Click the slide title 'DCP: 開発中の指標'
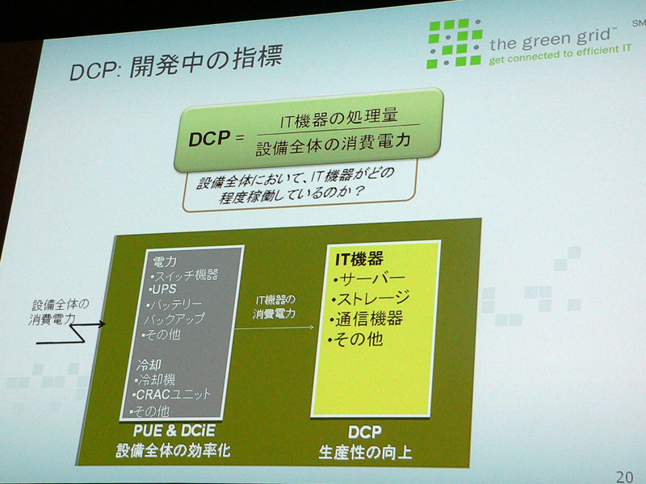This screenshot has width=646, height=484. [176, 64]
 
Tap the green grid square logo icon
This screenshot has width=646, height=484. [455, 43]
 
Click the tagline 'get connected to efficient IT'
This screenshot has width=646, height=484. [560, 55]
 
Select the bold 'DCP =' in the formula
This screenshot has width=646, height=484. [216, 138]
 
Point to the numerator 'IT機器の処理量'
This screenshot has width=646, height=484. [338, 117]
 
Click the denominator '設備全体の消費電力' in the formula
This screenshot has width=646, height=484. [333, 144]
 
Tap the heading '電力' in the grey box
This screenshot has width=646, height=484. [165, 261]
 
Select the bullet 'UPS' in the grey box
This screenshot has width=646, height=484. [163, 289]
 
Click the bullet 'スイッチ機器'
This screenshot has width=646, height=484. [185, 274]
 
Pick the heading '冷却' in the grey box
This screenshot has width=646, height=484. [149, 365]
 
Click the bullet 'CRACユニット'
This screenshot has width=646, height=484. [171, 394]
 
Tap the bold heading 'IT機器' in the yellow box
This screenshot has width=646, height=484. [359, 259]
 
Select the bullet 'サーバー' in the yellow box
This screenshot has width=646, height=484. [370, 279]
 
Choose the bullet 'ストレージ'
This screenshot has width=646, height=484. [371, 298]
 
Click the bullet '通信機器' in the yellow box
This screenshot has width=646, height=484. [366, 319]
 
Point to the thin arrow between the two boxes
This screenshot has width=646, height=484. [275, 328]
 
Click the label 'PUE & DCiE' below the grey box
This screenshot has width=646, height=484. [174, 431]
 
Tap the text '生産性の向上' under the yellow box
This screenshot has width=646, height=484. [365, 453]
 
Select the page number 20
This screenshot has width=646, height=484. [624, 477]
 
